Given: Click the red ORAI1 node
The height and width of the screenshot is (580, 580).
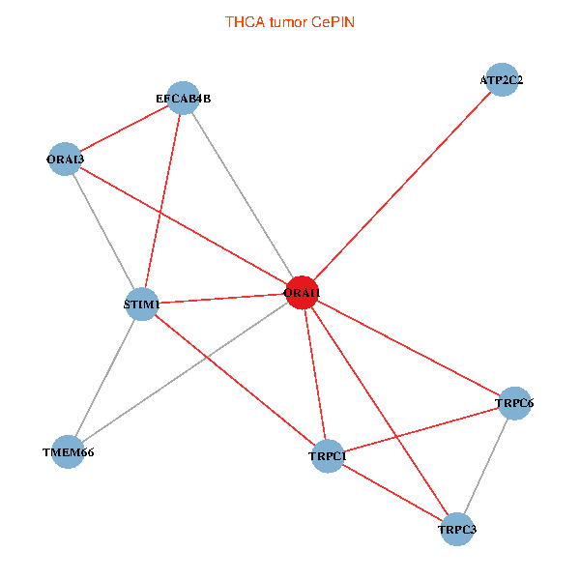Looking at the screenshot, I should [302, 292].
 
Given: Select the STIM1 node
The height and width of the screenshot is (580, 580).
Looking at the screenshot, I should [143, 305].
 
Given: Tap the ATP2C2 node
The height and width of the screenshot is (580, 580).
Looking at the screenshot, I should [501, 80].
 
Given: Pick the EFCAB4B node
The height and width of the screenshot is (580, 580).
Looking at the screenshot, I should [183, 98].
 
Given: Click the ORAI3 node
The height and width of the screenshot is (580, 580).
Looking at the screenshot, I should [65, 159].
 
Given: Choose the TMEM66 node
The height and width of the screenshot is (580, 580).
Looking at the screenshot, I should [68, 451].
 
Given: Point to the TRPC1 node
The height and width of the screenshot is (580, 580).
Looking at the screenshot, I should [328, 455].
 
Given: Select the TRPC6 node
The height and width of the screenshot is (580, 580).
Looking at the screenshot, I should [514, 402].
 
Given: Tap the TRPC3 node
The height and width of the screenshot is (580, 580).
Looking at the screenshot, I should [456, 530].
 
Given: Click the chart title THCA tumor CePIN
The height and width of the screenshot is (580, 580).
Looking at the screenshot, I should [289, 21].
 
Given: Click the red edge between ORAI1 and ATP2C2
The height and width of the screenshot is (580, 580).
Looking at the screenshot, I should [401, 186].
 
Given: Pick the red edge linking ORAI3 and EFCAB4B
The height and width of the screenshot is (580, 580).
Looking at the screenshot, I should [124, 129].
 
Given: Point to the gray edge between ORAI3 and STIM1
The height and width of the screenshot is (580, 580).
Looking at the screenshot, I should [103, 232].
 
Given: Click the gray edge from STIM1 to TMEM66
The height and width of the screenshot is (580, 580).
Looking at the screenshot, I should [105, 379].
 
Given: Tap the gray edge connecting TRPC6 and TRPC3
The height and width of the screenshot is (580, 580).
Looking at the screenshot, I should [485, 466].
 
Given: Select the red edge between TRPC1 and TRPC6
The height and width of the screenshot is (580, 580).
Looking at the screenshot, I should [420, 429].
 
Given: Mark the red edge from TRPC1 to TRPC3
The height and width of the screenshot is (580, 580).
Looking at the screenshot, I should [391, 492].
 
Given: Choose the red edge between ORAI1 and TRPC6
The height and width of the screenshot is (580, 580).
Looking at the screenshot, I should [408, 347].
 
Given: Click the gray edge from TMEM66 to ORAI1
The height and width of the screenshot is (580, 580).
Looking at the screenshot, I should [185, 371].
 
